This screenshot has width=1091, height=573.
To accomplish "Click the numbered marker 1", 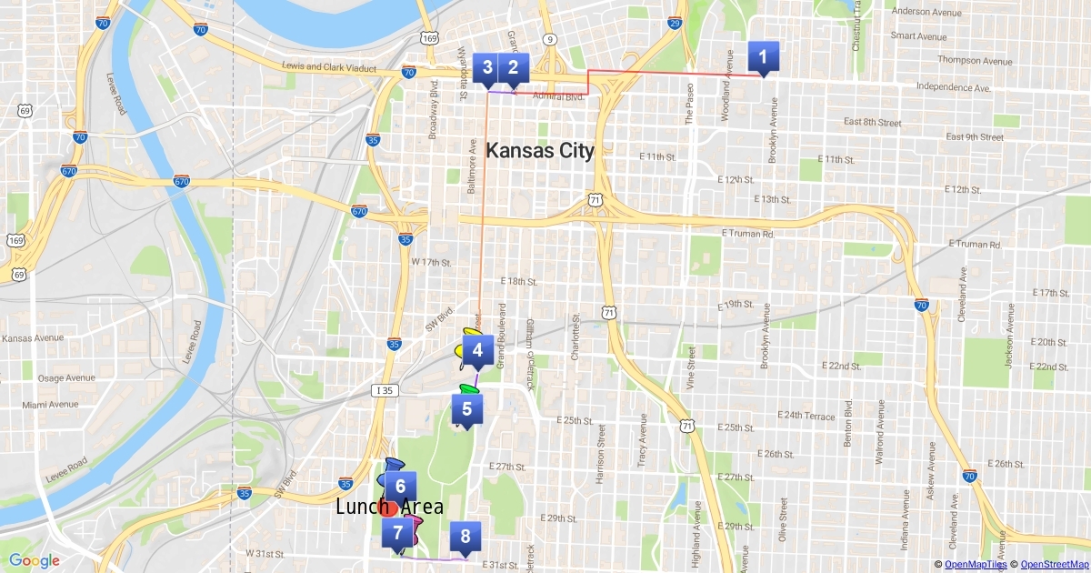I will [x=762, y=58].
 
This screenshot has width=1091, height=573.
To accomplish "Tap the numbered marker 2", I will [x=513, y=67].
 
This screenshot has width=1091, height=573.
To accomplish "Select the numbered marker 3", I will [x=488, y=67].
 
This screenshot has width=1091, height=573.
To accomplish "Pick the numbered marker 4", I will [x=477, y=349].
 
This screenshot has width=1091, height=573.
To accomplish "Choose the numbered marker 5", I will [x=466, y=409].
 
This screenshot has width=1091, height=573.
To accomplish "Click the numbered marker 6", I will [x=400, y=487].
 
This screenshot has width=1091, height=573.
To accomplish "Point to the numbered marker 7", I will [x=397, y=534].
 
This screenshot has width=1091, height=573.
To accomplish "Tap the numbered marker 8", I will [x=465, y=537].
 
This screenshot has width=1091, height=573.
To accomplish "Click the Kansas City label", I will [x=540, y=151].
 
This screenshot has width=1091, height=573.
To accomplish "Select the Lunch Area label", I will [x=389, y=508].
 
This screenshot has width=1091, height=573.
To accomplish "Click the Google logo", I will [x=34, y=561].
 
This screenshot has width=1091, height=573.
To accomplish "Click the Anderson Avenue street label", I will [x=926, y=12].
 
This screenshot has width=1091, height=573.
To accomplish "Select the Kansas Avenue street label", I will [x=33, y=338].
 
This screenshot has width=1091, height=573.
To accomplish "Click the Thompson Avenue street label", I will [x=975, y=61].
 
